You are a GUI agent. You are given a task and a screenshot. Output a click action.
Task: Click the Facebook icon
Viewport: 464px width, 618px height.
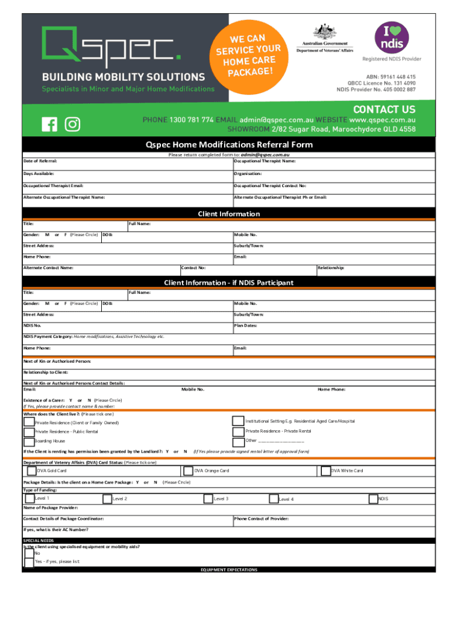coord(50,124)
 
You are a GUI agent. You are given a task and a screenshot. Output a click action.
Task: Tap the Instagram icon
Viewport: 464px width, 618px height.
coord(72,124)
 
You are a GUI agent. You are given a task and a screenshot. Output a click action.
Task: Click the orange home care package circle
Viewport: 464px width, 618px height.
coord(248,51)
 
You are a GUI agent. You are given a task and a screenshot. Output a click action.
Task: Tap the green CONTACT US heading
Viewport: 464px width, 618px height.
coord(384,109)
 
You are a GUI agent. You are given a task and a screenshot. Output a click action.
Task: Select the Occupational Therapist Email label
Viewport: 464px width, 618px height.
coord(53,186)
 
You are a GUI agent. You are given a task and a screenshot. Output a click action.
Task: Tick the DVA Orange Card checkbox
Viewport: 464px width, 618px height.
coord(187,471)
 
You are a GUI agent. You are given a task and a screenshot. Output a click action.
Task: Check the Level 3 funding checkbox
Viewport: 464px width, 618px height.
coord(208,499)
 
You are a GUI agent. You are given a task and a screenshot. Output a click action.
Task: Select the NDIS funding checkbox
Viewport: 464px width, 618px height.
coord(373,499)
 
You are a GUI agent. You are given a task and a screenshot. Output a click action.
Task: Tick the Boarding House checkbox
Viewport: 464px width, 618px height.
coord(29,441)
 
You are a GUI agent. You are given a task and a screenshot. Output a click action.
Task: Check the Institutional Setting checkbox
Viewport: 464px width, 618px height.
coord(236,421)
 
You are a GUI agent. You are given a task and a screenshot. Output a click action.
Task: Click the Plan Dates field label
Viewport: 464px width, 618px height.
coord(245,325)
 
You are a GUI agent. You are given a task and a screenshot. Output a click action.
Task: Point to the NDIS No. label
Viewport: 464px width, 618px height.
coord(33,325)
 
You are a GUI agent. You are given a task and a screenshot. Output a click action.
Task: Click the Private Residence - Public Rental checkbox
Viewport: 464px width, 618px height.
coord(29,432)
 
